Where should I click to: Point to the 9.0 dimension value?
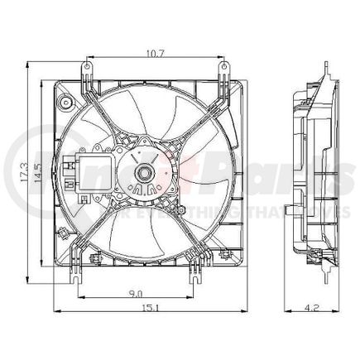pyautogui.click(x=137, y=292)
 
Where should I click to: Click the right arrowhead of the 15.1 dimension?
pyautogui.click(x=245, y=311)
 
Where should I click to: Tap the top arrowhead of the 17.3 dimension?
pyautogui.click(x=31, y=63)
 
